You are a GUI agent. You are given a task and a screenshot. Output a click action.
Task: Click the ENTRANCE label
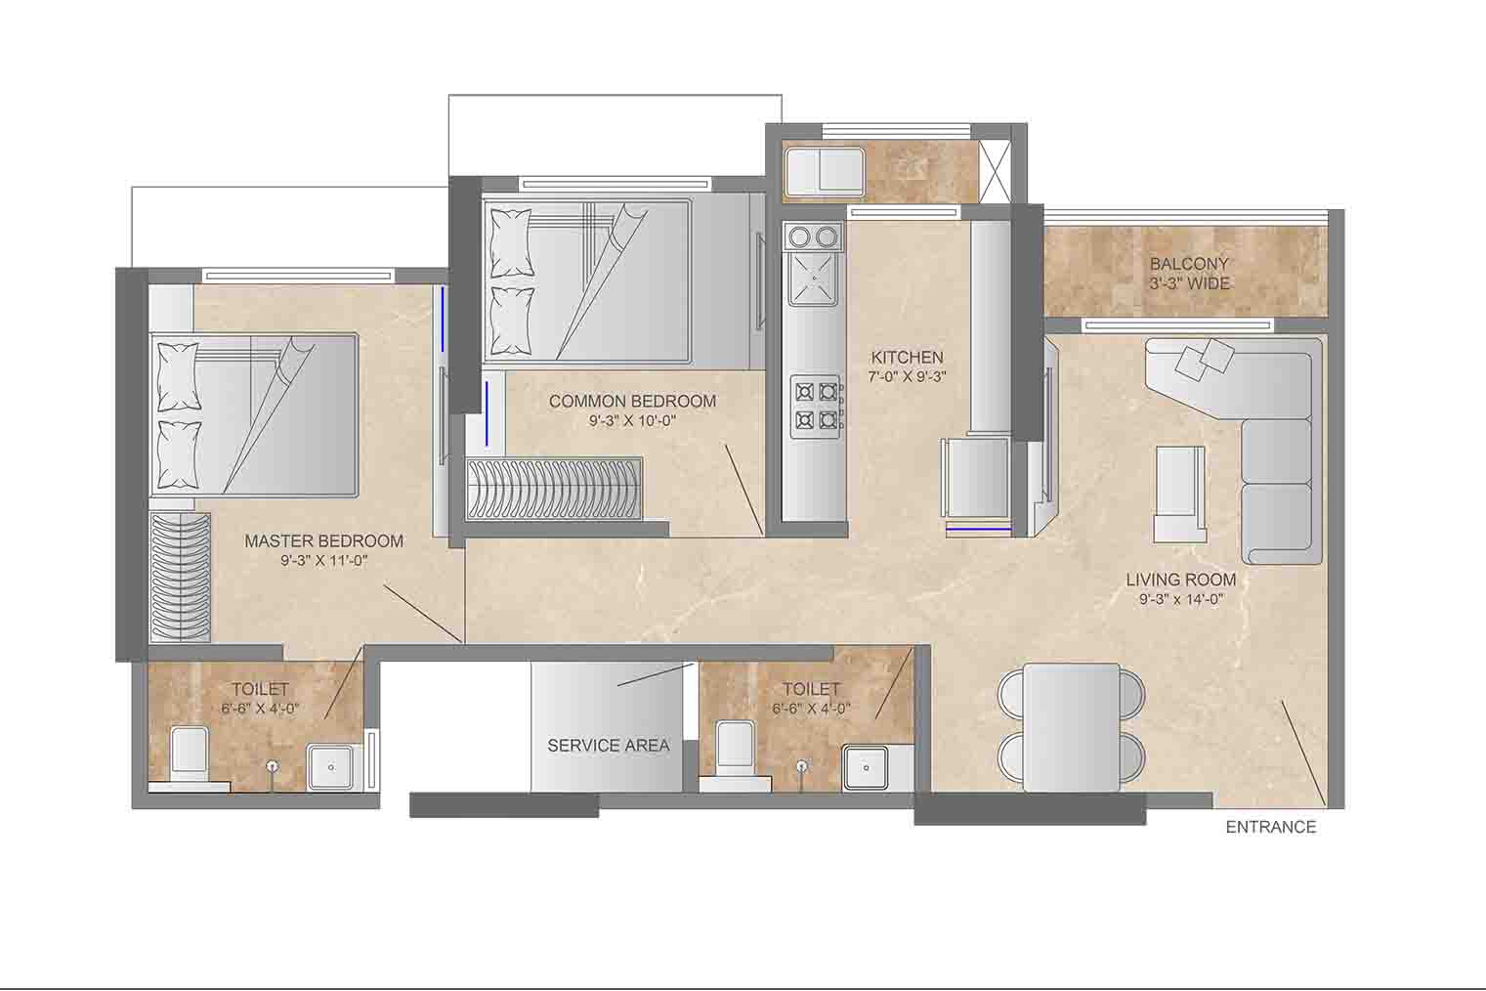click(x=1270, y=827)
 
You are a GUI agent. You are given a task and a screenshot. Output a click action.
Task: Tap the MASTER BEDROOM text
click(x=323, y=541)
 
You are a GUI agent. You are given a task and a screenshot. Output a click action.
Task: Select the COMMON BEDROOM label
click(x=632, y=402)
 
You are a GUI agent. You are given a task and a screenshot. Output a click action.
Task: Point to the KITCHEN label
click(x=907, y=357)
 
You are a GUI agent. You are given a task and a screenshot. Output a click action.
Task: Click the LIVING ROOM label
click(x=1181, y=580)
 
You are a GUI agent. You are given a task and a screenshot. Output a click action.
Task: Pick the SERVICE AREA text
click(x=609, y=746)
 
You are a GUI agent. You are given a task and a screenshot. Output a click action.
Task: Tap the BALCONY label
click(x=1189, y=264)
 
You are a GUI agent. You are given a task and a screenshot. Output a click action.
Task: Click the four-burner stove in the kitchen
click(x=816, y=407)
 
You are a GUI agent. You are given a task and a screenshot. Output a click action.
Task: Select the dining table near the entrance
click(x=1072, y=727)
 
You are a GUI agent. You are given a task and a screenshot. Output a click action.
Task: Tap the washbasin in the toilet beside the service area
click(x=865, y=767)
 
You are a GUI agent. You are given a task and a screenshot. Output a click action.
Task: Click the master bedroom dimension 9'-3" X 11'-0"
click(x=323, y=561)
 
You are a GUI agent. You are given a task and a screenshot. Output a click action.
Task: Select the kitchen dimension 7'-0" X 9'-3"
click(x=907, y=377)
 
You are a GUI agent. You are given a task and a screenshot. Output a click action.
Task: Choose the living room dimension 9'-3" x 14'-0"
click(x=1181, y=599)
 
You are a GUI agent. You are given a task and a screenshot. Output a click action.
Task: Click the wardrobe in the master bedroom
click(x=180, y=578)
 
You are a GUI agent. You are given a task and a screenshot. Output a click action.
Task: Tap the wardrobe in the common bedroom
click(x=554, y=489)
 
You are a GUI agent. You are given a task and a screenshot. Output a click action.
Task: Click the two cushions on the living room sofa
click(x=1204, y=360)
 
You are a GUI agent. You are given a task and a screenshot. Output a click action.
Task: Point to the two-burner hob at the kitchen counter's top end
click(x=815, y=237)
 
